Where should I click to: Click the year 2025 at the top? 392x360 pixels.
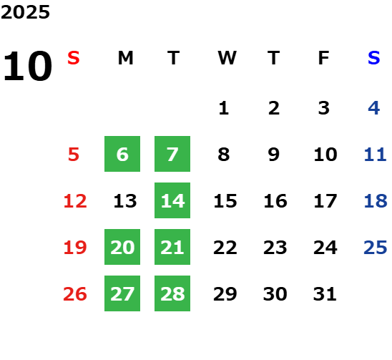click(x=25, y=12)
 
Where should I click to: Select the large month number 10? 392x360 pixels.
click(x=27, y=66)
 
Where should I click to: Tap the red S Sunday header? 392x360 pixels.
click(x=74, y=58)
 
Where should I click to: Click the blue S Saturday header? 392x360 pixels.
click(x=374, y=58)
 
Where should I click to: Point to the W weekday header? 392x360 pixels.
click(x=227, y=58)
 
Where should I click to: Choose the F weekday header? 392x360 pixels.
click(x=324, y=58)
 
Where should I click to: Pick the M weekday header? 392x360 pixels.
click(x=125, y=58)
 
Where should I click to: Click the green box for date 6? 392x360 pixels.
click(x=122, y=154)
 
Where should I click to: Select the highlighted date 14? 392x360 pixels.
click(x=172, y=200)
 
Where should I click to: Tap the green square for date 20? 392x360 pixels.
click(x=122, y=247)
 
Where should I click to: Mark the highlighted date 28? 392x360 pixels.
click(x=172, y=293)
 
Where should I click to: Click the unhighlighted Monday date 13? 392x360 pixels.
click(x=125, y=201)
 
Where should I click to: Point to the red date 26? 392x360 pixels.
click(x=75, y=294)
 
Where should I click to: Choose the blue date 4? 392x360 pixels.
click(x=374, y=108)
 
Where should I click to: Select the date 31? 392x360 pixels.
click(x=325, y=294)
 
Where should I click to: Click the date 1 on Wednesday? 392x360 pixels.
click(x=224, y=108)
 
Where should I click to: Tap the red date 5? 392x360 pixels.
click(x=74, y=155)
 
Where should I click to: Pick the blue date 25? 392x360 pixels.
click(x=376, y=248)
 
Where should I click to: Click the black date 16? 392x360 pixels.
click(x=275, y=201)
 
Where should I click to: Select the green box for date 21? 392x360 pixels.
click(x=172, y=247)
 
